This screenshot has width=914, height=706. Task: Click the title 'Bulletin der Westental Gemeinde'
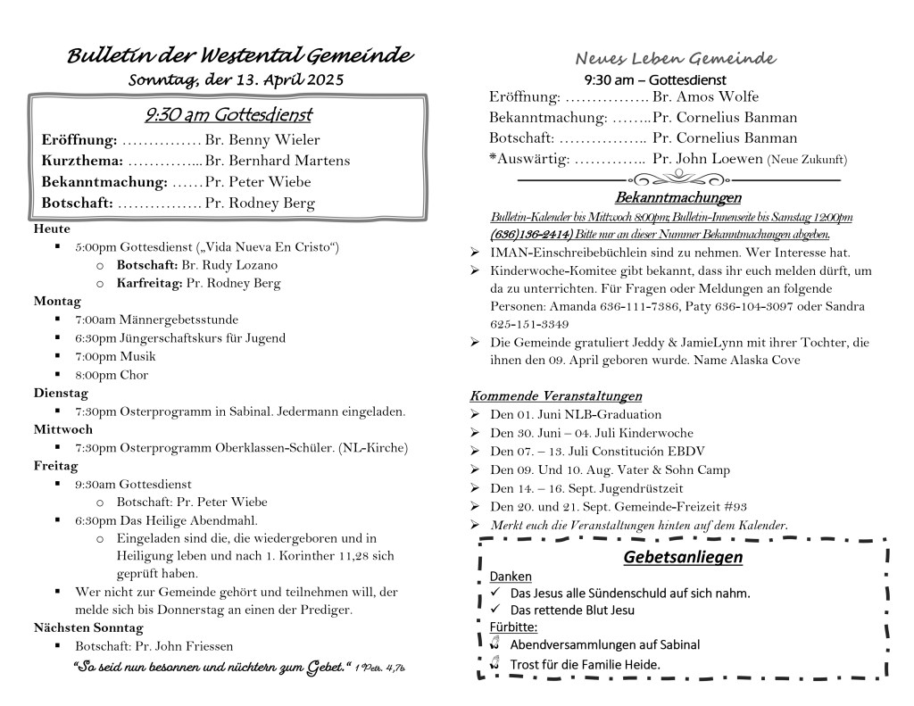point(240,55)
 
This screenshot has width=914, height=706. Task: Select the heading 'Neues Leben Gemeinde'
point(675,59)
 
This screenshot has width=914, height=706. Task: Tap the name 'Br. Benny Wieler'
point(262,139)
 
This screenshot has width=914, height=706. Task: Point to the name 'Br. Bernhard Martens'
point(277,161)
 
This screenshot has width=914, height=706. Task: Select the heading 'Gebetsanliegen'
point(683,558)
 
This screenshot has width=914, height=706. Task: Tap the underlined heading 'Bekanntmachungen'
point(677,197)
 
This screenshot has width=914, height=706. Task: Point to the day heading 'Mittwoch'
point(56,429)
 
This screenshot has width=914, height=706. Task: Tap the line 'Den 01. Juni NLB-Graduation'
point(576,414)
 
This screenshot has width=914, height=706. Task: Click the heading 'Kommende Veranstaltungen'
point(555,395)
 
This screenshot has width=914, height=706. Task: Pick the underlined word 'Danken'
point(511,577)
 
